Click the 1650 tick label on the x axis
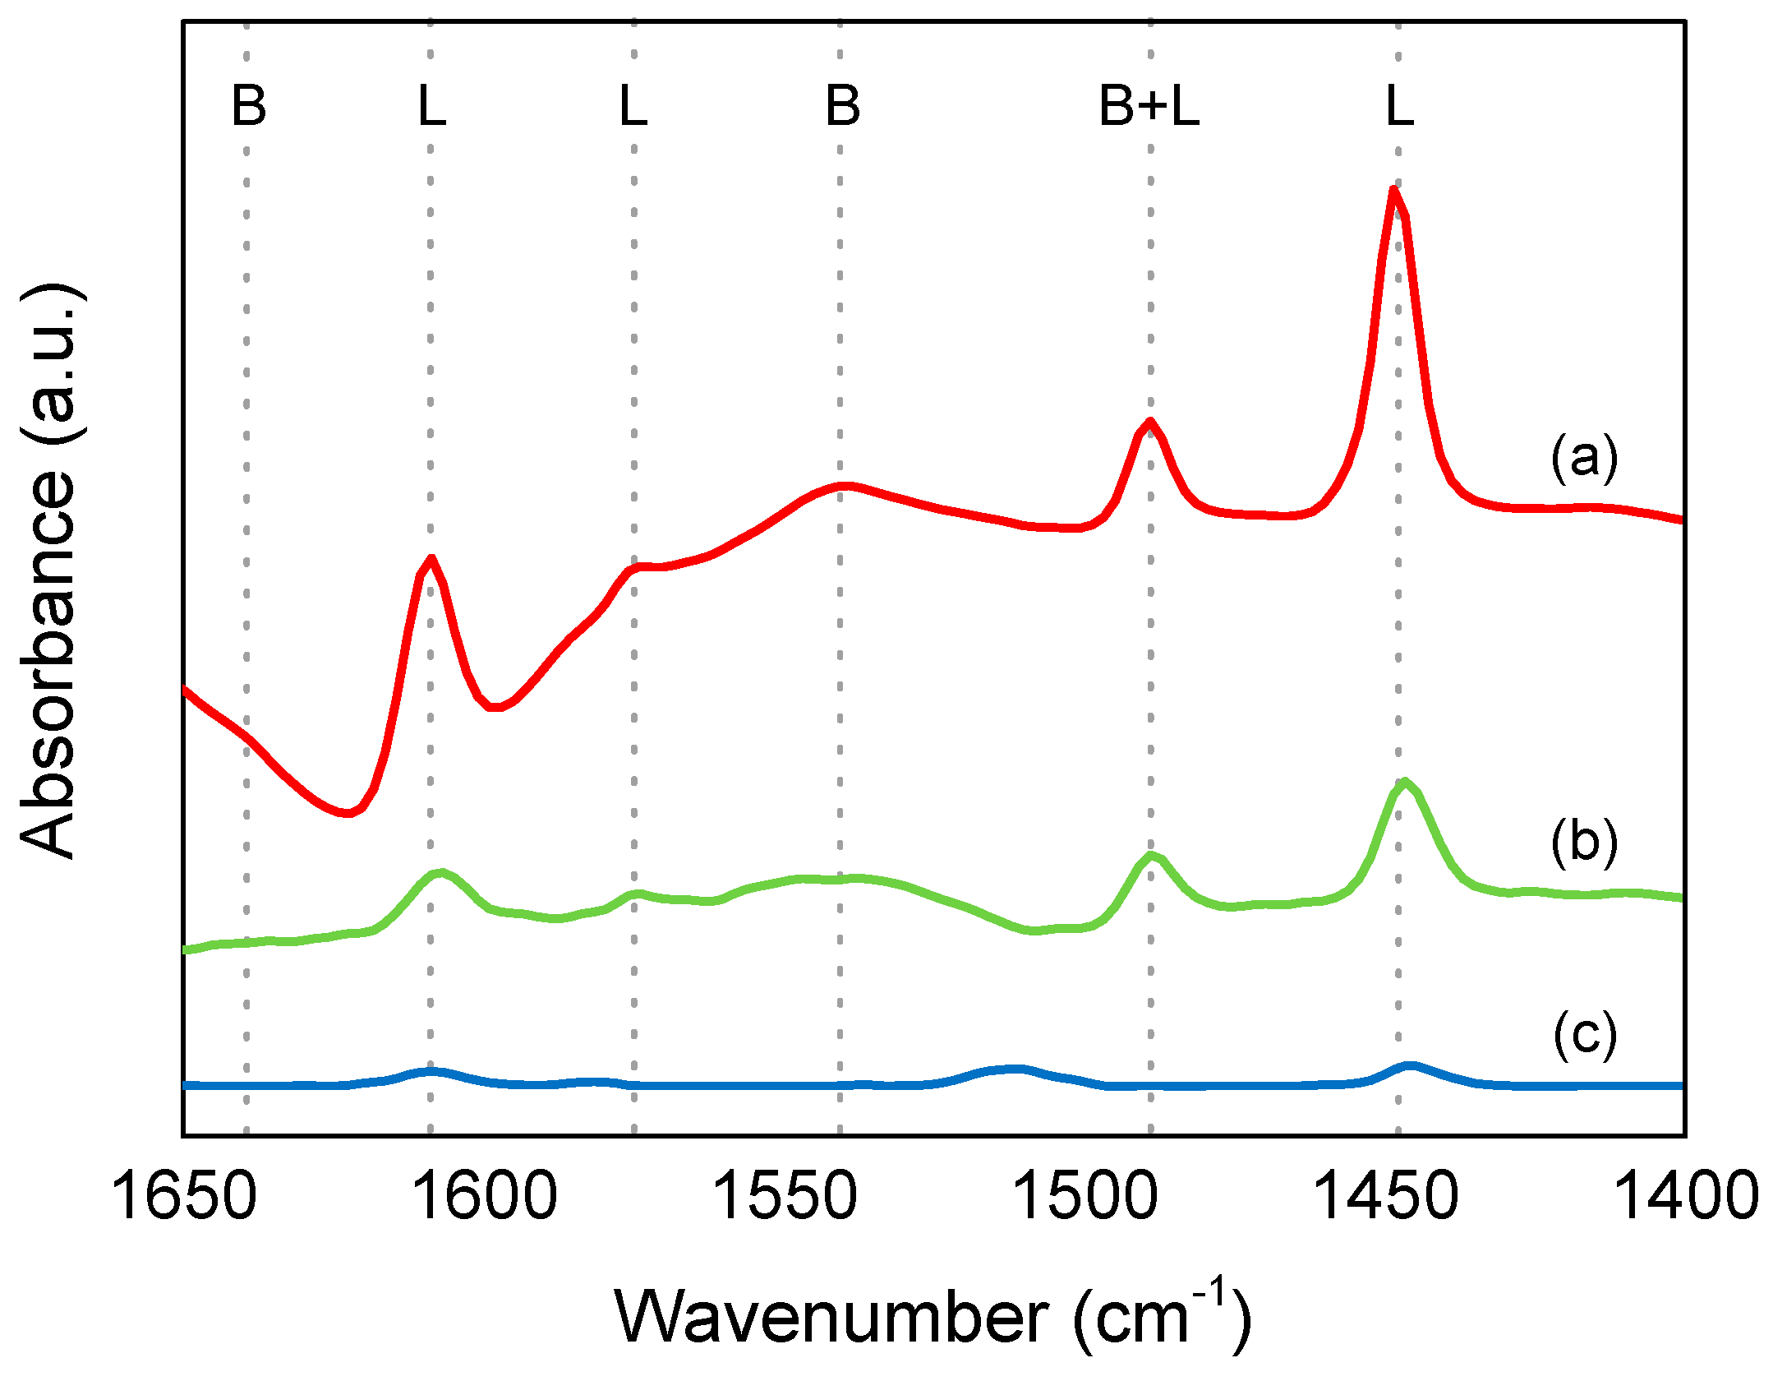click(183, 1196)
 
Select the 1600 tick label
click(485, 1196)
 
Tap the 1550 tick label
click(785, 1196)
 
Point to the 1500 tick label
click(1085, 1196)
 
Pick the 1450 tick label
click(1386, 1196)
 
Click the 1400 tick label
click(1686, 1196)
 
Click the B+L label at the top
click(1149, 106)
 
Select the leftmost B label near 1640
click(248, 106)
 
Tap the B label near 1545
click(842, 106)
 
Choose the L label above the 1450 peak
click(1399, 106)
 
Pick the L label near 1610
click(431, 106)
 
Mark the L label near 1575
click(633, 106)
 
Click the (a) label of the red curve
click(1584, 458)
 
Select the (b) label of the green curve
click(1584, 842)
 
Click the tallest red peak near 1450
click(1393, 190)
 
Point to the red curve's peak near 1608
click(431, 559)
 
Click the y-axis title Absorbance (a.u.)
click(49, 571)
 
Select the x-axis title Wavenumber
click(933, 1318)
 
